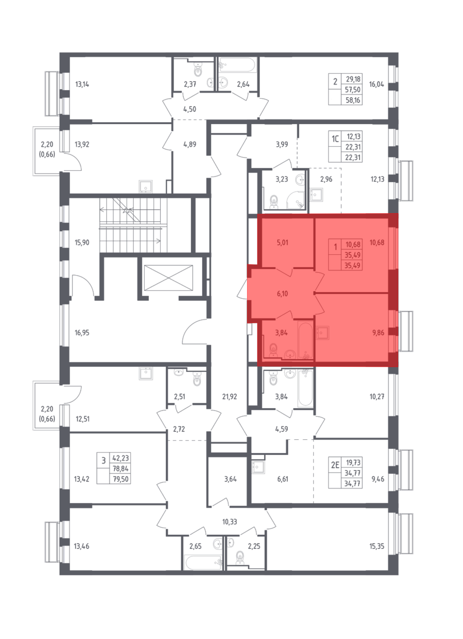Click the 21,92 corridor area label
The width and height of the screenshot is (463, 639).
[x=229, y=397]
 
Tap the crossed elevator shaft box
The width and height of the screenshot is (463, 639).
[x=168, y=278]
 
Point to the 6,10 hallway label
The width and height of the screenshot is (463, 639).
[x=282, y=294]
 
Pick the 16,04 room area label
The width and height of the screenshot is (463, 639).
[x=377, y=84]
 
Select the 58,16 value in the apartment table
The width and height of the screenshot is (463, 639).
[x=353, y=100]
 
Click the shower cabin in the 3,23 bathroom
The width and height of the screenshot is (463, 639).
[x=296, y=200]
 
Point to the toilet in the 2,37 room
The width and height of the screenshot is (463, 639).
[x=198, y=69]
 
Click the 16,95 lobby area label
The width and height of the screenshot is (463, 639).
[x=82, y=333]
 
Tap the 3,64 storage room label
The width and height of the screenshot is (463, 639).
[x=230, y=479]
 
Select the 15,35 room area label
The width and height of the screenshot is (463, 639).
[x=377, y=546]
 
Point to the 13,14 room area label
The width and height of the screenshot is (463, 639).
[x=82, y=84]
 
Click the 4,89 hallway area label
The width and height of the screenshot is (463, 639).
[x=190, y=144]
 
